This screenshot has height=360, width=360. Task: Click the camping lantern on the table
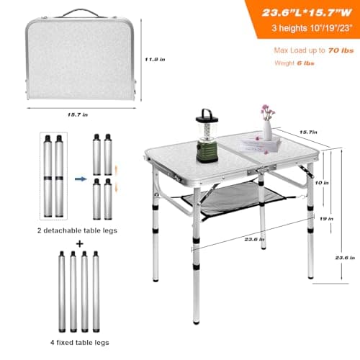point(207,136)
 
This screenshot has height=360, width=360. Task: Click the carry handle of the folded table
point(81,13)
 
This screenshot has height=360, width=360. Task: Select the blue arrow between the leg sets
point(81,179)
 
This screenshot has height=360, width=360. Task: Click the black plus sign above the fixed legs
point(80,244)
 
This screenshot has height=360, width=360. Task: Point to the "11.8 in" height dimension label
point(155,59)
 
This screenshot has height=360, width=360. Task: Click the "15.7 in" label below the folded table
point(78,114)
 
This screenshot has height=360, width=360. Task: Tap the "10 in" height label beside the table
point(322,183)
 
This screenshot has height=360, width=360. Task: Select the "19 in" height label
point(326,219)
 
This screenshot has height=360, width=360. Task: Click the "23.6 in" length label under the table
point(254,239)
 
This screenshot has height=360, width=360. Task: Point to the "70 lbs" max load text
point(341,50)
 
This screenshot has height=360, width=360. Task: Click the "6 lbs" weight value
point(305,63)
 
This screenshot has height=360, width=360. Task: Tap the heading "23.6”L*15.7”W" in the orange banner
point(307,13)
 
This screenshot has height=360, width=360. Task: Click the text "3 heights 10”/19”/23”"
point(312,28)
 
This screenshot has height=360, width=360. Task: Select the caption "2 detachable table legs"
point(77,230)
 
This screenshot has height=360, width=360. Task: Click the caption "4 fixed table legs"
point(80,342)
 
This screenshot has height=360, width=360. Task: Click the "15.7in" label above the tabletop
point(308,132)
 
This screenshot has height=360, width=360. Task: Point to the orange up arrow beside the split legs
point(117,170)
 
